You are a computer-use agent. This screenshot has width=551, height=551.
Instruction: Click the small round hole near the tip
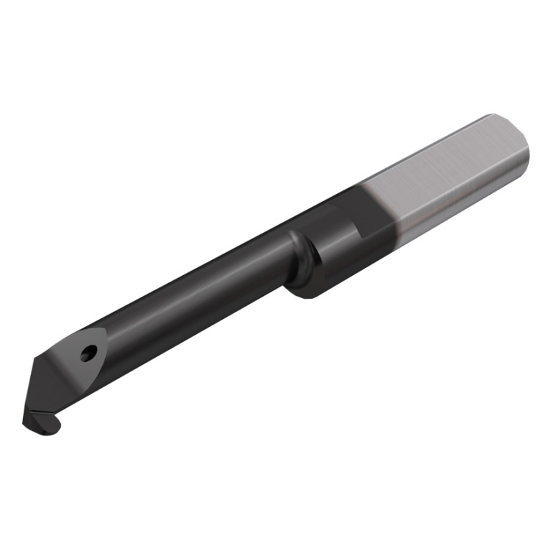pyautogui.click(x=88, y=353)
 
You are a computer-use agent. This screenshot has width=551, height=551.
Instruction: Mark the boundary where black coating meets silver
pyautogui.click(x=381, y=208)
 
